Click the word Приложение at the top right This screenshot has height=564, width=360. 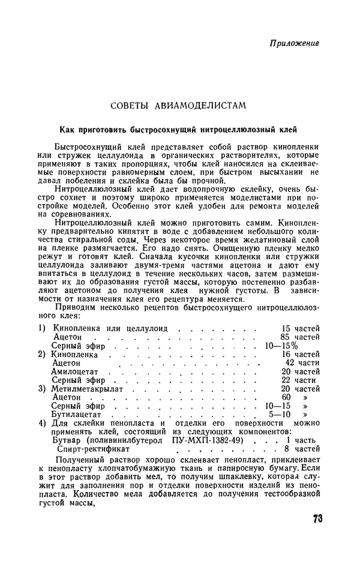click(294, 43)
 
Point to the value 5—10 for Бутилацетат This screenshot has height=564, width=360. click(279, 414)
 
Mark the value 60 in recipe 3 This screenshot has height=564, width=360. click(286, 397)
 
